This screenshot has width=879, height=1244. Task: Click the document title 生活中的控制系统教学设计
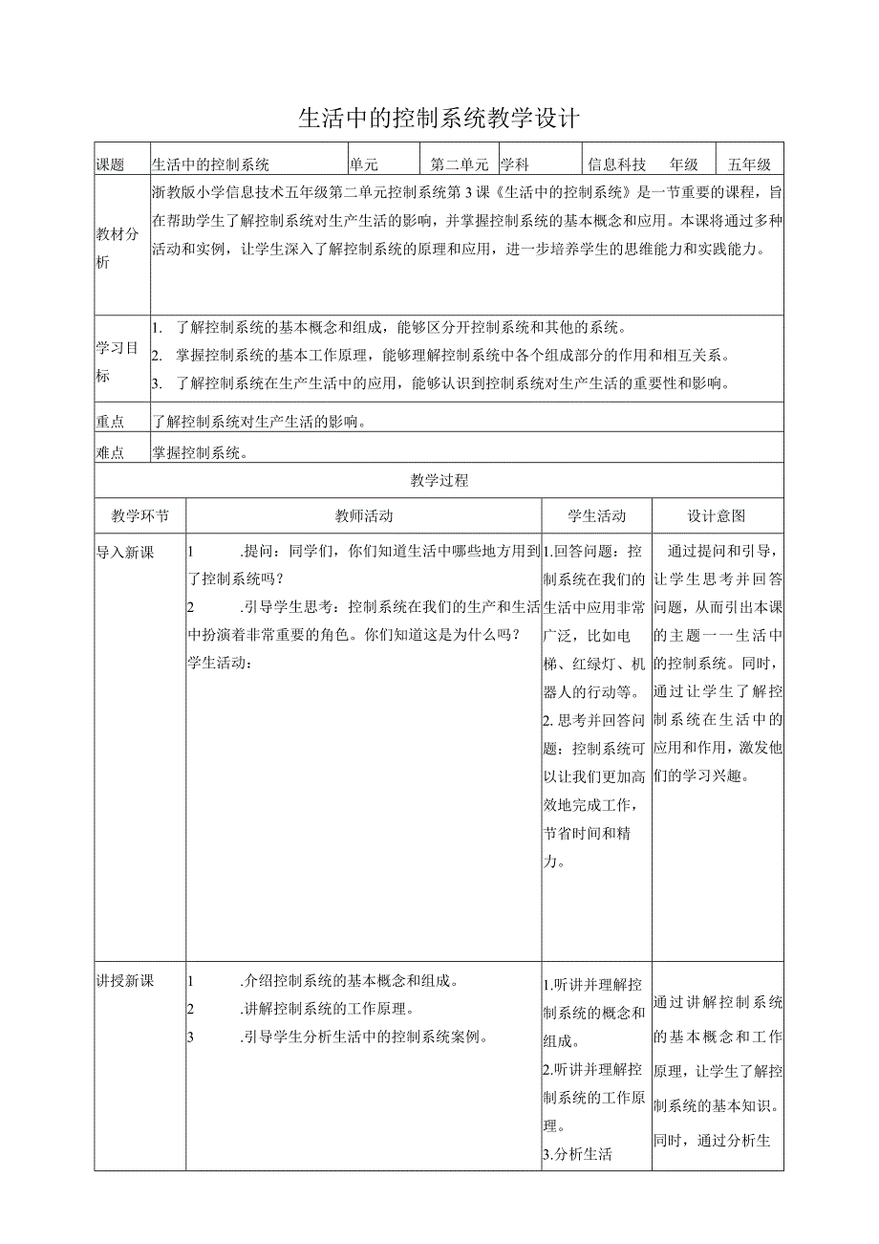(439, 118)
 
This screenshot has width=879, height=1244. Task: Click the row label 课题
(111, 164)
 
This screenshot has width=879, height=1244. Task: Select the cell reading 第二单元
(459, 164)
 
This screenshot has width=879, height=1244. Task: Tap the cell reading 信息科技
(617, 164)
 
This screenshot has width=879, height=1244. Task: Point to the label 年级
(684, 164)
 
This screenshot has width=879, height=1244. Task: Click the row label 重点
(111, 421)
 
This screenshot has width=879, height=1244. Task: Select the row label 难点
(111, 452)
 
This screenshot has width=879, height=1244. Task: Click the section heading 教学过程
(439, 480)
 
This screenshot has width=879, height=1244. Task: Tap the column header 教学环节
(140, 515)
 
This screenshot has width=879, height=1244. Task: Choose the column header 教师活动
(364, 515)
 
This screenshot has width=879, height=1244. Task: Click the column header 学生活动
(597, 515)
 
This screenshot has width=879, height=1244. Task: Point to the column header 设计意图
(718, 515)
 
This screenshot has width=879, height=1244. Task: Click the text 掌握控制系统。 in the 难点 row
(201, 452)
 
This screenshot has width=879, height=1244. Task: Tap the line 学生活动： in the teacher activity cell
(219, 662)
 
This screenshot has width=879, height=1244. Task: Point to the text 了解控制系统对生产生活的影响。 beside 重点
(260, 421)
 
